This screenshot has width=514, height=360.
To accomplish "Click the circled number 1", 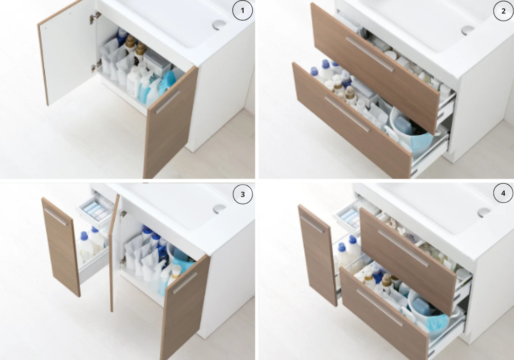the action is pos(243,10).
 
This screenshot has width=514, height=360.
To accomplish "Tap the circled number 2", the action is pos(504,11).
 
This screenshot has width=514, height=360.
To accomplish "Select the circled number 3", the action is pos(243,194).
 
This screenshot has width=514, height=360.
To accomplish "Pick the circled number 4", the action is pos(504,193).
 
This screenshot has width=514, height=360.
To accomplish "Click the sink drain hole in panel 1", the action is pos(219,25).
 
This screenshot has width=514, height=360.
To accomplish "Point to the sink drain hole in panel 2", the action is pos(468,30).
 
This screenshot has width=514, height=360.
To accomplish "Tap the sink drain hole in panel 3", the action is pos(219,208).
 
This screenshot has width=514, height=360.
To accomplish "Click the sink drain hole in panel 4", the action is pos(484,212).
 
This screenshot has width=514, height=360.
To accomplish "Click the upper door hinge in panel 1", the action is pos(95,17).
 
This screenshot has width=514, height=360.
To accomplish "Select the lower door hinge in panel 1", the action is pos(97,66).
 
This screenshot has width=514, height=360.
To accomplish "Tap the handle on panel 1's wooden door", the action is pos(167,102).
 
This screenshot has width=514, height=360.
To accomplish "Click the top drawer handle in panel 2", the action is pos(370,54).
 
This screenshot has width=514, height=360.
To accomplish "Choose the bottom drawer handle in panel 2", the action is pos(347,114).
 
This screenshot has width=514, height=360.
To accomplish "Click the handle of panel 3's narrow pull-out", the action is pos(56,217).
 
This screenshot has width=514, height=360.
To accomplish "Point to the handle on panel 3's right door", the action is pos(185,283).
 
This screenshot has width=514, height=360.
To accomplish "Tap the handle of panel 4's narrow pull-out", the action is pos(313,224).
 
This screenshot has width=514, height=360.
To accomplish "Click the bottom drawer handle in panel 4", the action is pos(380,307).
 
